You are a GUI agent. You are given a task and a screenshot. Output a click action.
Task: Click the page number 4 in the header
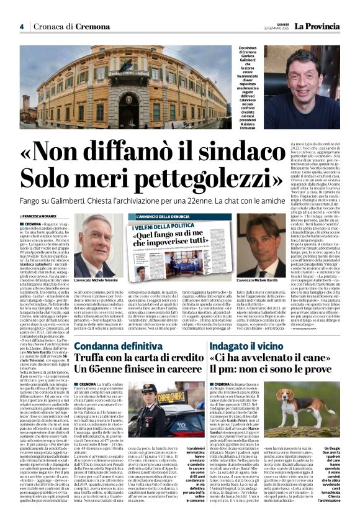(21, 27)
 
